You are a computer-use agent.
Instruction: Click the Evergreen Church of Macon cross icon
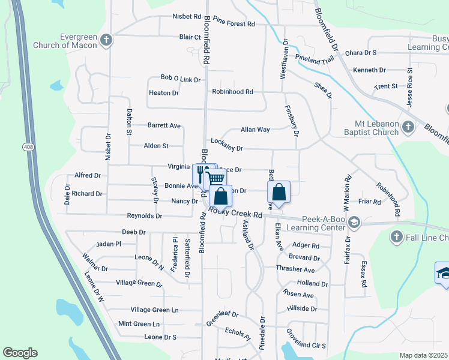106,41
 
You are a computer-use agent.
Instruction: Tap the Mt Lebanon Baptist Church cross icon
408,127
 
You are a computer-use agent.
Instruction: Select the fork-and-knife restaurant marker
200,174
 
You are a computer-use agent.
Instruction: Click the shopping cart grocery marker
215,179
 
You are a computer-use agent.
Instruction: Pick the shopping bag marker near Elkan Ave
279,192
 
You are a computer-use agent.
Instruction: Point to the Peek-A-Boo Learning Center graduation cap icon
354,223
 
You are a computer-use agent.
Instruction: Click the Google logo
20,353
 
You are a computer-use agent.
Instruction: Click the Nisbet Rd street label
187,16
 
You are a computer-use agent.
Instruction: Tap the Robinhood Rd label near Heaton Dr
232,92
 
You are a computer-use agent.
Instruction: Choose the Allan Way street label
255,130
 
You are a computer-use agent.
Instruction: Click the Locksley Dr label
227,148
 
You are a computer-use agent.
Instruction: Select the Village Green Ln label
155,310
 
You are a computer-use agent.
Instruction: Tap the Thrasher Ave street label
295,269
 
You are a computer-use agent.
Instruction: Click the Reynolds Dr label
144,215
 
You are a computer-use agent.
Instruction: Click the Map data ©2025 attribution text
423,355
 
